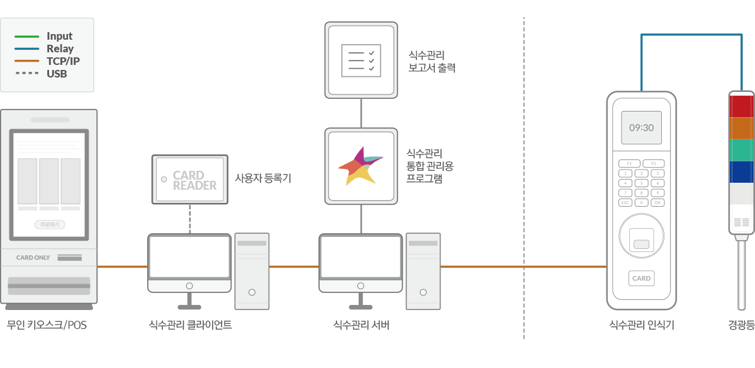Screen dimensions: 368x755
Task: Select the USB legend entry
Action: (x=57, y=74)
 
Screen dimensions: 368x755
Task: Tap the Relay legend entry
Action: (x=60, y=49)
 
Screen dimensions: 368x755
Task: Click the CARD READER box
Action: (x=189, y=180)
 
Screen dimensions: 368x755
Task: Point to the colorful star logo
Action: (x=361, y=166)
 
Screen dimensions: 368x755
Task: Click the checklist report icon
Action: (x=361, y=60)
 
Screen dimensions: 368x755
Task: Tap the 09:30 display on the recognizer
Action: (x=641, y=127)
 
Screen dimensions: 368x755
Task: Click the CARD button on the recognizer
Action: (x=641, y=278)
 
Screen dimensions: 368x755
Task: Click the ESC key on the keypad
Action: (x=625, y=202)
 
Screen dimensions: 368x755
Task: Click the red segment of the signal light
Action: (x=741, y=107)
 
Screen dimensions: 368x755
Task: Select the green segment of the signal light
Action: (x=741, y=150)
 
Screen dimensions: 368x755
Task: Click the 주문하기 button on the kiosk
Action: (x=49, y=224)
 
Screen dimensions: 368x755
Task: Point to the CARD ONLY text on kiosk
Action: (x=33, y=258)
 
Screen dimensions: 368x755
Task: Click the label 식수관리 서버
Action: (x=361, y=326)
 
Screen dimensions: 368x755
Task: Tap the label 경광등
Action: (x=741, y=326)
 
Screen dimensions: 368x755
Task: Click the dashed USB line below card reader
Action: (x=189, y=219)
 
